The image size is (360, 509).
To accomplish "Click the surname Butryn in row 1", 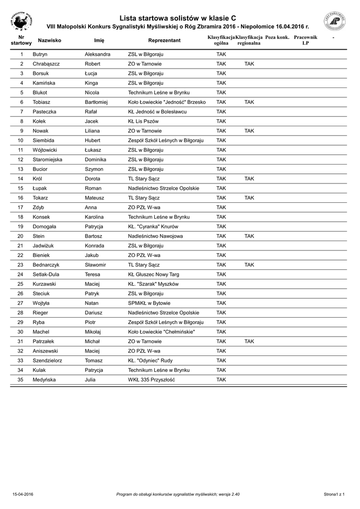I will pos(40,54).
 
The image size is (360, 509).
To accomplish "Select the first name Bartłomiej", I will pos(100,102).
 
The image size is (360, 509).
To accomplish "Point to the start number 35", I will pos(20,380).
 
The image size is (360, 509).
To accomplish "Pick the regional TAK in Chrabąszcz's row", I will pos(249,64).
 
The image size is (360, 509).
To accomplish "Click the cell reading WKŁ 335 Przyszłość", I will pos(152,380).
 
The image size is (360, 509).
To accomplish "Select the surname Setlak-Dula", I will pos(46,274).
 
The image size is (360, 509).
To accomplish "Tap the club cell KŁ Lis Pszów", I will pos(143,121).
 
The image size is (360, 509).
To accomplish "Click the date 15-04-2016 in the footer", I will pos(23,494).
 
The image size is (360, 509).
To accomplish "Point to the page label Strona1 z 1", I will pos(334,494).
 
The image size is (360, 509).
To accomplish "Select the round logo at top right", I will pos(335,21).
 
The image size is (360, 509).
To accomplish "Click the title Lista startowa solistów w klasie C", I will pos(178,18).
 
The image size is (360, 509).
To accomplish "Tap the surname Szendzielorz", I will pos(47,360).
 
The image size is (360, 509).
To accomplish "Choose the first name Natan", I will pos(92,303).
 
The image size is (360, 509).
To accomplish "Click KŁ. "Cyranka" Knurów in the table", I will pos(153,227).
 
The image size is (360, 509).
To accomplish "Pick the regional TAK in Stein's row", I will pos(249,236).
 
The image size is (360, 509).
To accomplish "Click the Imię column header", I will pos(99,40).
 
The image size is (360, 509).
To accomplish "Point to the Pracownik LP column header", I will pos(305,40).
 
